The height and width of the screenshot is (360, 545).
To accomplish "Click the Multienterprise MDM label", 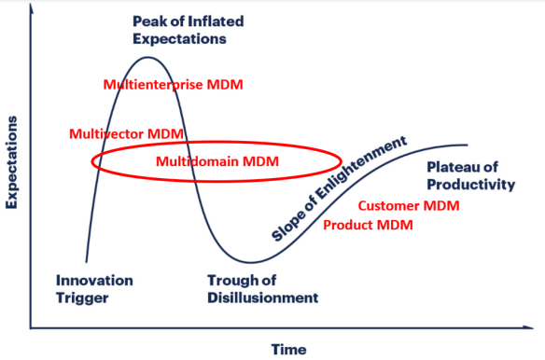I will [x=173, y=85].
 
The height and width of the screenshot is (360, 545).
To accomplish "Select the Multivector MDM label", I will [x=126, y=133].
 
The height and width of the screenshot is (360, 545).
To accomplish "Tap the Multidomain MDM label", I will [x=217, y=161].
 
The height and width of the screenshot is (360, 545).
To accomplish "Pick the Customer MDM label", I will [x=409, y=205].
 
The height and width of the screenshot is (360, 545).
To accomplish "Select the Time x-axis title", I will [x=288, y=349].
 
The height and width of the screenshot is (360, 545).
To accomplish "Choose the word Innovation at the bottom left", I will [x=94, y=281].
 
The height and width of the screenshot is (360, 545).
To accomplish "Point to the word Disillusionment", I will [x=261, y=298].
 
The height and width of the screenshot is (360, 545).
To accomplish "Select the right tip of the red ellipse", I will [x=342, y=160].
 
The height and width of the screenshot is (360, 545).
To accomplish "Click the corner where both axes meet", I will [x=31, y=327].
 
